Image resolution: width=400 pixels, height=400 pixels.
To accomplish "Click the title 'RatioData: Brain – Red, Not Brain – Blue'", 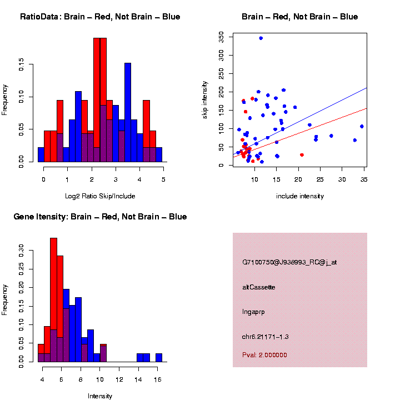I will click(100, 17).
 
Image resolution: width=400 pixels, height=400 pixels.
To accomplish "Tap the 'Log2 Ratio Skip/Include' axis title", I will click(100, 196).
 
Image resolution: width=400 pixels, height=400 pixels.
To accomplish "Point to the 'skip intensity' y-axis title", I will click(204, 99).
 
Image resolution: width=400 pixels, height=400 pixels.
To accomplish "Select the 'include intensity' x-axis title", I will click(300, 196).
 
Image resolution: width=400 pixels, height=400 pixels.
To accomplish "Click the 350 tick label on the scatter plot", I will click(221, 37).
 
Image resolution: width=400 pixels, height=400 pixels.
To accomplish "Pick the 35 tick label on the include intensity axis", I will click(363, 180).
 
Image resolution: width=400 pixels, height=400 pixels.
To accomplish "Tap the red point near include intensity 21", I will click(302, 155).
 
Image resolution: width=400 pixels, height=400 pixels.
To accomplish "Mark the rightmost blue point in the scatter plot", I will click(362, 127).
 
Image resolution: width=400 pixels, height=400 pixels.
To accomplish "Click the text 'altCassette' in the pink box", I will click(258, 287).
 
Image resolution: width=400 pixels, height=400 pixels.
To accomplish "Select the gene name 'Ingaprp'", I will click(253, 312).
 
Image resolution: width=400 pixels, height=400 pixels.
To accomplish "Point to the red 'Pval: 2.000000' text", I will click(264, 354).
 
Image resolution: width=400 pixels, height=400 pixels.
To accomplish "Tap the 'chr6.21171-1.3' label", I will click(266, 337).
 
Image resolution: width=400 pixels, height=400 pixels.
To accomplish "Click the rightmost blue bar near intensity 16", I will click(159, 358).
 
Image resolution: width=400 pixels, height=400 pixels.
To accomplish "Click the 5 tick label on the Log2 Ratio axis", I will click(163, 180).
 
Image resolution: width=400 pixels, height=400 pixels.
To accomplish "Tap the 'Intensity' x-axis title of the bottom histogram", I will click(100, 396).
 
